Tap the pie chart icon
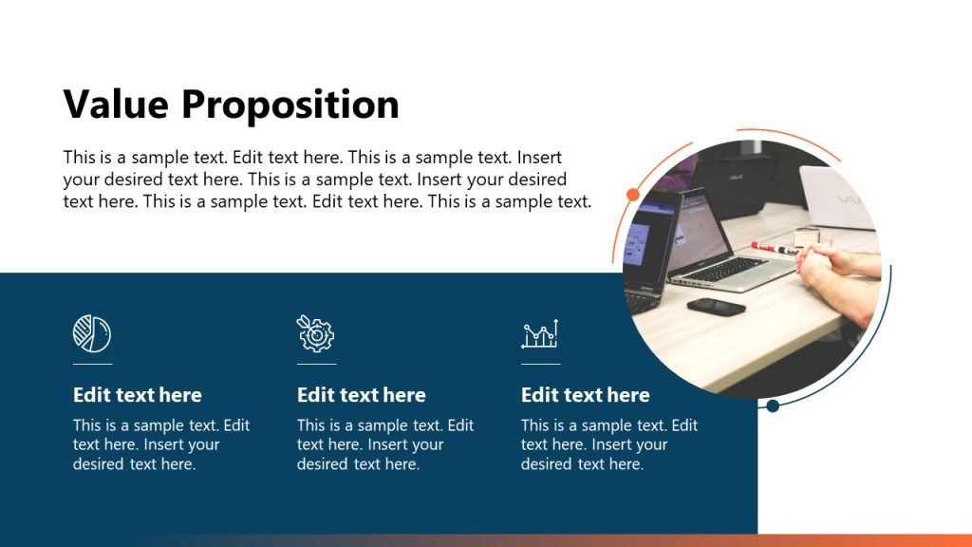click(x=92, y=333)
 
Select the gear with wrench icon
click(x=316, y=333)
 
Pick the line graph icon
click(x=540, y=334)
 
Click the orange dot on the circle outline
click(x=633, y=195)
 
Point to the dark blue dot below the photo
click(x=773, y=406)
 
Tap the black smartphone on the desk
click(x=716, y=306)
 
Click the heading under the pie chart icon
click(x=138, y=395)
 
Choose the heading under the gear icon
click(x=362, y=395)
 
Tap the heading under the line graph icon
click(x=586, y=395)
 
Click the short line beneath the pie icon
click(x=92, y=364)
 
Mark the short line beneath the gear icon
click(x=316, y=364)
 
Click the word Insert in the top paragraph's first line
click(x=538, y=157)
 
